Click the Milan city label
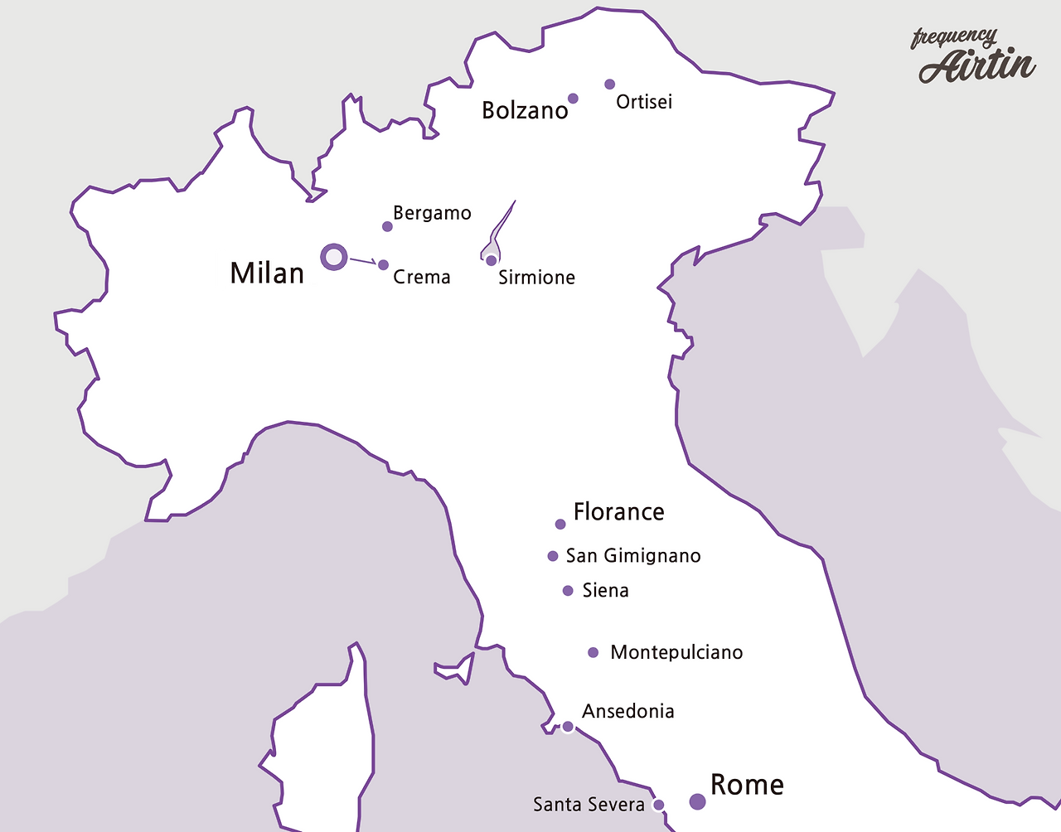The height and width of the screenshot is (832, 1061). click(x=267, y=273)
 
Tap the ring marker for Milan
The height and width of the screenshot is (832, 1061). click(x=333, y=257)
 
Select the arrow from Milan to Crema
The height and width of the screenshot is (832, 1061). click(x=364, y=262)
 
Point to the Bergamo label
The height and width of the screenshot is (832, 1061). click(x=432, y=213)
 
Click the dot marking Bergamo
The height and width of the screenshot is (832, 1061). click(x=387, y=226)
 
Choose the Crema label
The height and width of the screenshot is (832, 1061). click(x=422, y=277)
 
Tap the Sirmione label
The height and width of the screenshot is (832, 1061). click(x=536, y=278)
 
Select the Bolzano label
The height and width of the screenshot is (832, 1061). click(x=525, y=110)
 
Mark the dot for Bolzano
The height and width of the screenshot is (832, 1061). click(x=573, y=99)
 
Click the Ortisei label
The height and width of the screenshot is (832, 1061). click(x=644, y=102)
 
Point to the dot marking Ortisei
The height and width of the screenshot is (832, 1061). click(x=610, y=84)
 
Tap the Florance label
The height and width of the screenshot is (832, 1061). click(x=618, y=512)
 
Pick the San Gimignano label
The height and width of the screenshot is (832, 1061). click(x=633, y=556)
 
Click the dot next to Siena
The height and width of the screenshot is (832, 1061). click(x=568, y=591)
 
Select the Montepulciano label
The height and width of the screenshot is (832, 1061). click(x=676, y=653)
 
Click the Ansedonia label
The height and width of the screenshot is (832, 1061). click(x=627, y=711)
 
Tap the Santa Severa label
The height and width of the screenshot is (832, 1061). click(x=589, y=805)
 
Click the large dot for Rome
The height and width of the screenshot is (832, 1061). click(x=698, y=801)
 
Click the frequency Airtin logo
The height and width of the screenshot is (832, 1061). click(x=975, y=57)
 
